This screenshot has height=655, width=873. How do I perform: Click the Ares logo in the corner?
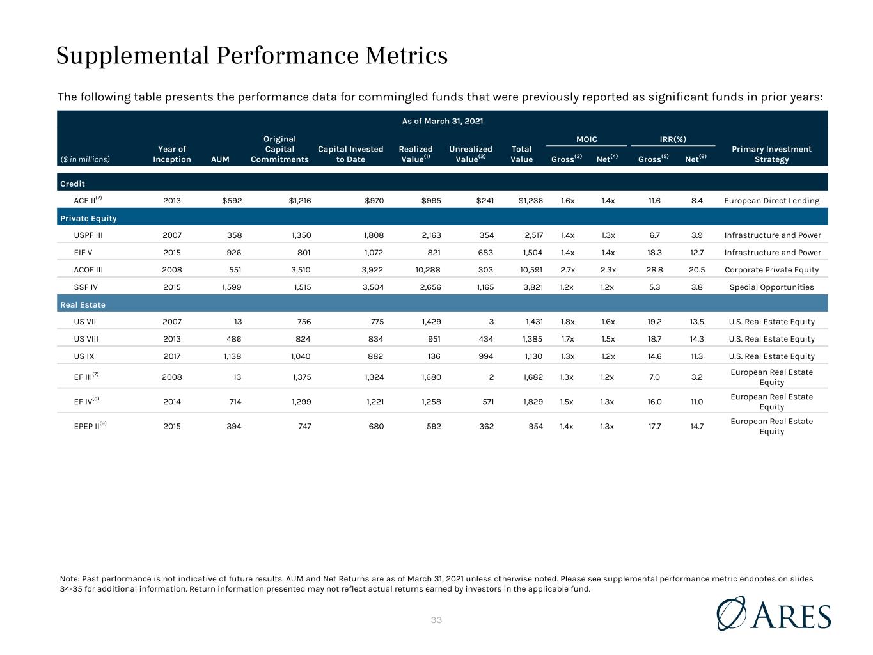773,613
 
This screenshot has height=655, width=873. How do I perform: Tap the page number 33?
436,620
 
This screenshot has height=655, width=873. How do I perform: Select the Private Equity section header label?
88,218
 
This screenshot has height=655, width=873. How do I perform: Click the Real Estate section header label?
83,304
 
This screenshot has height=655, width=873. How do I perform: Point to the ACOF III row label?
88,270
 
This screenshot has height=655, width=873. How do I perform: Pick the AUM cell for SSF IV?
232,287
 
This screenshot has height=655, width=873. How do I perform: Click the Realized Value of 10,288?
428,270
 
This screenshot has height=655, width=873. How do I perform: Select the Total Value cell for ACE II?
531,200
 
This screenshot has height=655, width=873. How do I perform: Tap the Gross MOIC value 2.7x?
567,270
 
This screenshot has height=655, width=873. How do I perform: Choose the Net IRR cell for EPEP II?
697,426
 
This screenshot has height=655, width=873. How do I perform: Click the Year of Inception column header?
172,154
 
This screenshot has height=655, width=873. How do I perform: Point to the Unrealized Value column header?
471,154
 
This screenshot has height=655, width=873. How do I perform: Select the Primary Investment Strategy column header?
771,154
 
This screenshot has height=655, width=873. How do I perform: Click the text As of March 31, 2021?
443,121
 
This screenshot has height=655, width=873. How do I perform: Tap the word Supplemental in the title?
132,56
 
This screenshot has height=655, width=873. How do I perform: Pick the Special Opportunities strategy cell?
771,287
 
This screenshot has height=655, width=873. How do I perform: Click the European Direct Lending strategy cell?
771,201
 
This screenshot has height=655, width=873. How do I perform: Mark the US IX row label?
84,356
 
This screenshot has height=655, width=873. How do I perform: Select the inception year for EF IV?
172,402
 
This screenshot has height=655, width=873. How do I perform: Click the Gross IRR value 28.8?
655,270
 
